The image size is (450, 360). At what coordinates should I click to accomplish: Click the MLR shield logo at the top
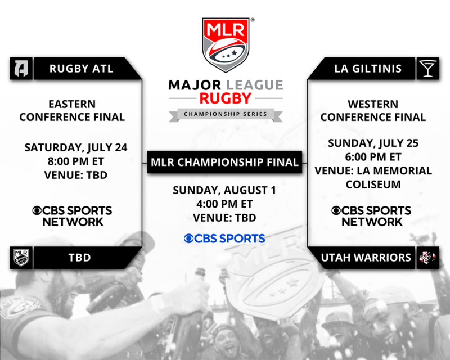tap(226, 44)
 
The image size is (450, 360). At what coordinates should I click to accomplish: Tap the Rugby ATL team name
tap(81, 69)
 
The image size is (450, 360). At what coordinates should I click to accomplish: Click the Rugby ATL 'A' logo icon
tap(21, 68)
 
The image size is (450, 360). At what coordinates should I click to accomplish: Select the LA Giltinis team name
tap(368, 69)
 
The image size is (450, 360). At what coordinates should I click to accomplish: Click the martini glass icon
tap(427, 68)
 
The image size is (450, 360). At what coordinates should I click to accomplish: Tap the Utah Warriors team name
tap(366, 258)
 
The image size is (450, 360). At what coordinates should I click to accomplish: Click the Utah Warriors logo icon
tap(427, 258)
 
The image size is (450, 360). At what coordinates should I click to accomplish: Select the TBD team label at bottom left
tap(79, 258)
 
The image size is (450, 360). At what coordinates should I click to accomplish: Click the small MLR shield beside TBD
tap(21, 258)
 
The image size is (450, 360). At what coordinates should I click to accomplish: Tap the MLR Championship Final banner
tap(224, 162)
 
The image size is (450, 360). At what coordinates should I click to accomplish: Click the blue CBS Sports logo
tap(224, 238)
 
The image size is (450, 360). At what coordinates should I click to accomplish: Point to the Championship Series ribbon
tap(226, 114)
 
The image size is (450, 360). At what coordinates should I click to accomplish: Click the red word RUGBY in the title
tap(226, 98)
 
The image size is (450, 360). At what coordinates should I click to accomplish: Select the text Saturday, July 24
tap(76, 147)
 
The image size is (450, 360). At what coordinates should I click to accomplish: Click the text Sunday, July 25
tap(373, 143)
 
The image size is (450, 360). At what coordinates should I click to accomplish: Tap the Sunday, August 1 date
tap(224, 190)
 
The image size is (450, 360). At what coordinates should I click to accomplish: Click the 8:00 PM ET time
tap(76, 161)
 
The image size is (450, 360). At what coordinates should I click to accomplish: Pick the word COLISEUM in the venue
tap(373, 184)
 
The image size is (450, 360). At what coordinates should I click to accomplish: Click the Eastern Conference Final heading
tap(72, 110)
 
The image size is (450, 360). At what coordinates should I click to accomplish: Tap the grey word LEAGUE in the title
tap(255, 85)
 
